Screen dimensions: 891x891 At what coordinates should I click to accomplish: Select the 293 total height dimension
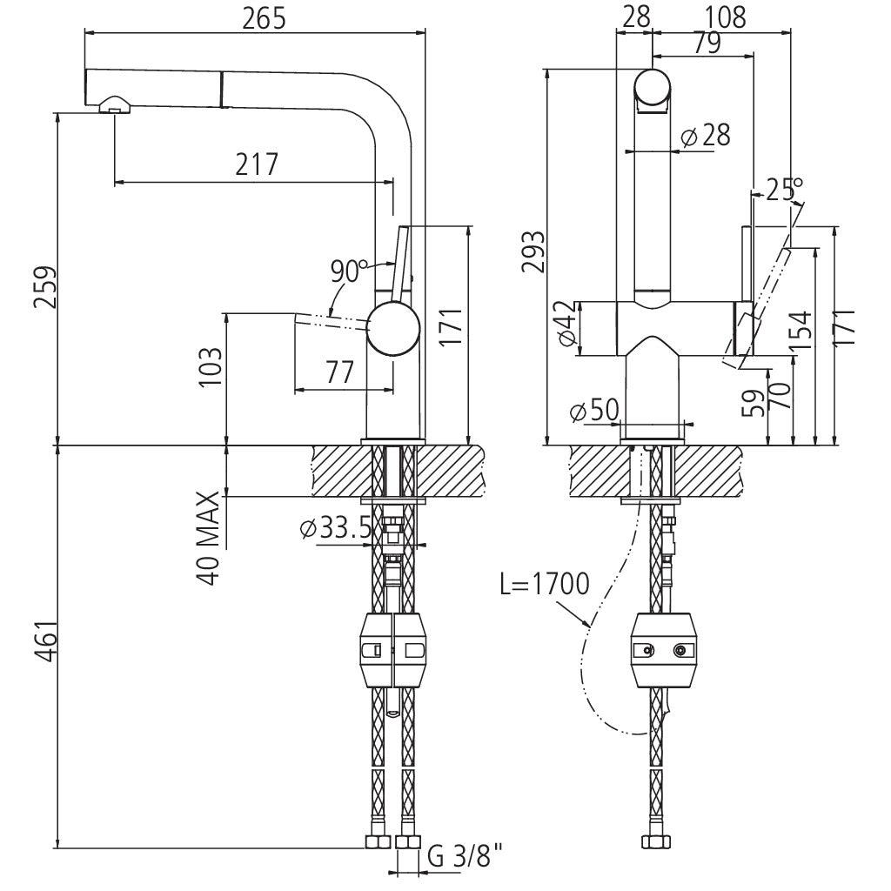pos(532,251)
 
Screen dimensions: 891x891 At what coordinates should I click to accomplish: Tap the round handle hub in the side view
pos(393,329)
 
